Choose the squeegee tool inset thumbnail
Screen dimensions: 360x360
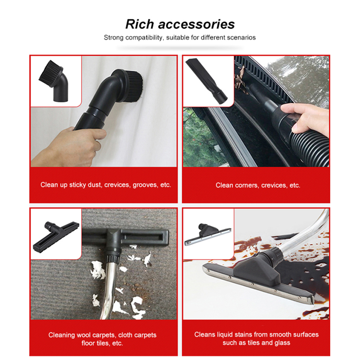coord(208,234)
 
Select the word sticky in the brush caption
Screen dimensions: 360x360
coord(76,185)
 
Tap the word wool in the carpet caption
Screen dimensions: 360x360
coord(85,335)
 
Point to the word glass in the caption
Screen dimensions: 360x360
coord(282,343)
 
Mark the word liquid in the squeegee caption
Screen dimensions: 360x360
coord(225,334)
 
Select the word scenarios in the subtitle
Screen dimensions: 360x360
coord(240,37)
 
